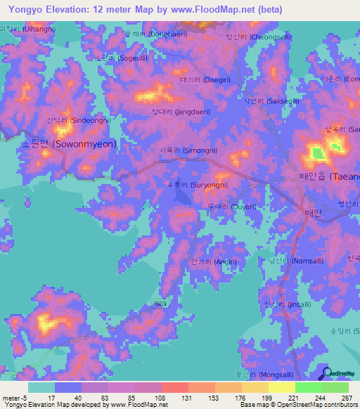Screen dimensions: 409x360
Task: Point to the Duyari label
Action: point(232,207)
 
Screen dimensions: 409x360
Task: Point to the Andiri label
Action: point(213,261)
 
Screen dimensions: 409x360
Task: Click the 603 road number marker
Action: point(161,303)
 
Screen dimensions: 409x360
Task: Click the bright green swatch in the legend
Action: point(308,387)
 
